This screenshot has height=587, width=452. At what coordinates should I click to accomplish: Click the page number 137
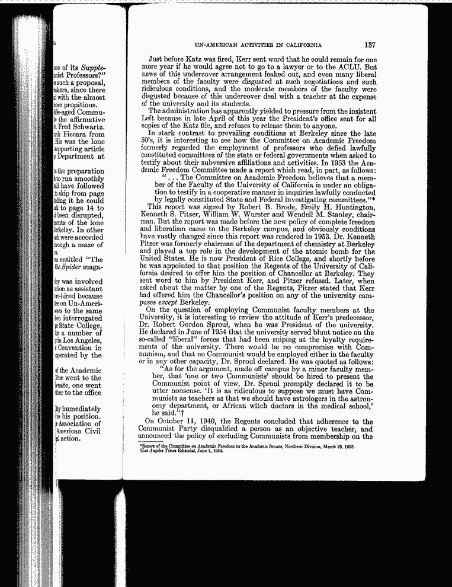tap(370, 45)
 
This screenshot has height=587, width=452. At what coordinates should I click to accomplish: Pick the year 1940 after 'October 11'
tap(210, 437)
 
